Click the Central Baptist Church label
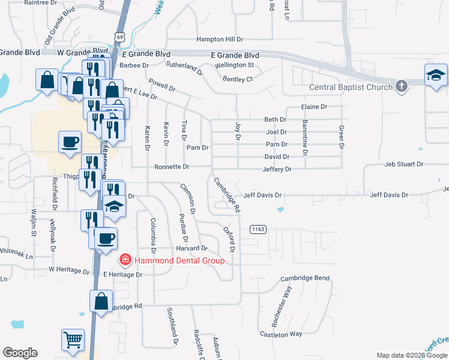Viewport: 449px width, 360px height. [350, 88]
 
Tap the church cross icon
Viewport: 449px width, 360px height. [402, 87]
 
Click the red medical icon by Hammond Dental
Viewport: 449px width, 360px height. [125, 260]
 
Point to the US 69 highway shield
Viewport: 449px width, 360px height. [121, 37]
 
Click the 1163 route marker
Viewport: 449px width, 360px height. [258, 229]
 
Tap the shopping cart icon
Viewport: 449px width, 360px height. [73, 340]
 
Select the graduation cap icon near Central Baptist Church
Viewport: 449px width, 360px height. [436, 76]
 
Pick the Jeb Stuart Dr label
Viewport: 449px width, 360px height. [404, 164]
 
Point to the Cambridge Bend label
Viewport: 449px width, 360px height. [305, 279]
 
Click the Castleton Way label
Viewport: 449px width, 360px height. [281, 334]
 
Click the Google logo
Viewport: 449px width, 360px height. [20, 353]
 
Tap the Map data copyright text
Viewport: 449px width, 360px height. [412, 355]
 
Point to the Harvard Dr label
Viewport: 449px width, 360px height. [191, 248]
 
